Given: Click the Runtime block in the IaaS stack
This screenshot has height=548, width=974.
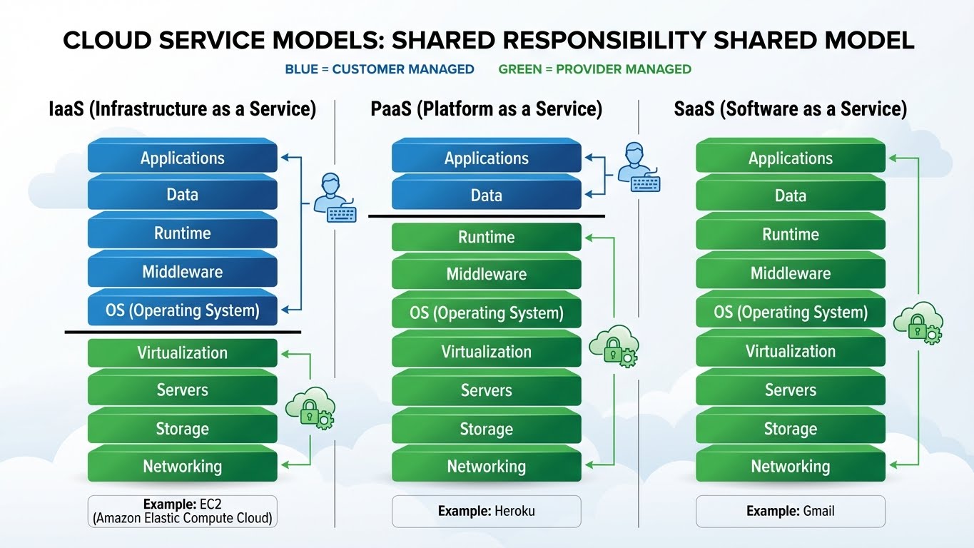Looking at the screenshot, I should coord(182,233).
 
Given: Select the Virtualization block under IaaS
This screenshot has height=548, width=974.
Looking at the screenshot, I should coord(182,352).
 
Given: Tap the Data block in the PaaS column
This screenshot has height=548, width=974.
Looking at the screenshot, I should coord(486,196).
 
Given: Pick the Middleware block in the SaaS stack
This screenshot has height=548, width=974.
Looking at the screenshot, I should coord(790,273).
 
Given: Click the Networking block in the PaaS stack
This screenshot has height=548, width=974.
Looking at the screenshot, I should coord(486,467).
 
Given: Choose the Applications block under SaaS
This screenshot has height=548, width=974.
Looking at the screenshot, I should coord(790,158).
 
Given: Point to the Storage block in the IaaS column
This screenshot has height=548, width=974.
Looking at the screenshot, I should coord(182,429).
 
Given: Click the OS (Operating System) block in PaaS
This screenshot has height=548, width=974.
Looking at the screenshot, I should coord(486,313).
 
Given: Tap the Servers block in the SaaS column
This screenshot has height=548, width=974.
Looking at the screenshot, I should coord(790,390).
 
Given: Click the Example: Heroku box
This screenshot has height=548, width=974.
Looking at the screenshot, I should coord(486,511).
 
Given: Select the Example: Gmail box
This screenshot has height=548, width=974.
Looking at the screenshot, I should coord(790,511).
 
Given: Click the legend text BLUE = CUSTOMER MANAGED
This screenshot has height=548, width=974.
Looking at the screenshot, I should coord(379,69).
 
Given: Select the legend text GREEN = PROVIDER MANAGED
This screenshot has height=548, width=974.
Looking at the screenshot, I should coord(594,69).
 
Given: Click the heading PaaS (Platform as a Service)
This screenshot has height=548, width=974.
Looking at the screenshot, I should coord(486,109).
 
